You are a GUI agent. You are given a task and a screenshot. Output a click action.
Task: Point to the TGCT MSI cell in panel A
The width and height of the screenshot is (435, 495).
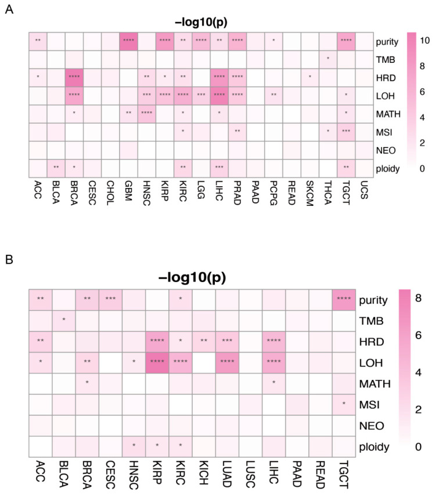[347, 130]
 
